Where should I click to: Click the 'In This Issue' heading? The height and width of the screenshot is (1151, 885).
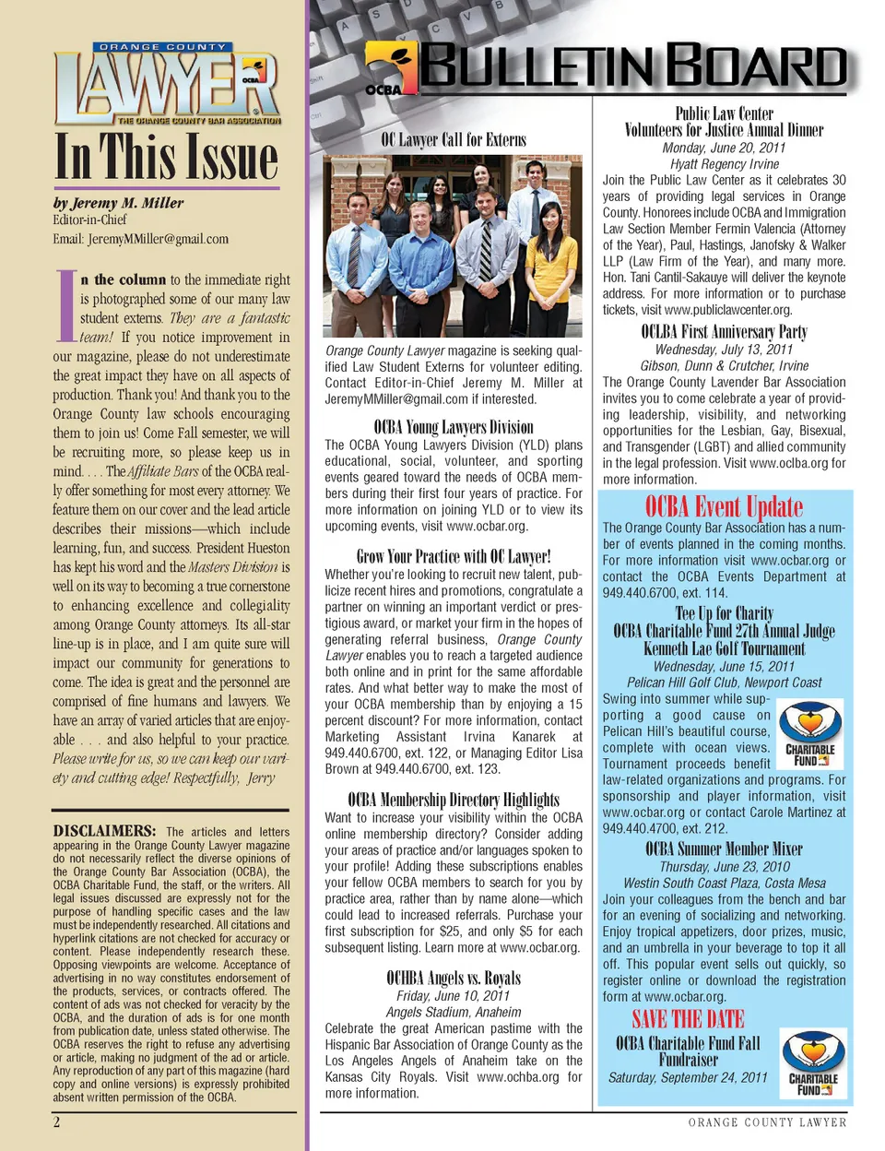167,157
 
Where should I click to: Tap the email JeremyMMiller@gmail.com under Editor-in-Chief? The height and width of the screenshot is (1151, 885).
140,239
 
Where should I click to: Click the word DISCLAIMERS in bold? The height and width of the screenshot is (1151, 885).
104,831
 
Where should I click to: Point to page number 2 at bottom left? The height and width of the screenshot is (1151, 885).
57,1121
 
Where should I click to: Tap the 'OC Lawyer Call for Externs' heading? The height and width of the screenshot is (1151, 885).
454,140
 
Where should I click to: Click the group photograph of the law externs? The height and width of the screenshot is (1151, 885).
454,244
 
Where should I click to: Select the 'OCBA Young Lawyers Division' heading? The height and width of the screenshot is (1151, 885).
454,427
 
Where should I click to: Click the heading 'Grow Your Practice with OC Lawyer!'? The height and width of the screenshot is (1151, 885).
454,556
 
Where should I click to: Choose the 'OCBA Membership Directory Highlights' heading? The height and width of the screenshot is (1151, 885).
454,800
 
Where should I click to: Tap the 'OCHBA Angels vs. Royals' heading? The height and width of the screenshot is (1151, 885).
454,979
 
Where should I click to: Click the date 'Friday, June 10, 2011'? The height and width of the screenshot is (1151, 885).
454,996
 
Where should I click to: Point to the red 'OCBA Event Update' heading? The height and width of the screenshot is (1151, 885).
724,506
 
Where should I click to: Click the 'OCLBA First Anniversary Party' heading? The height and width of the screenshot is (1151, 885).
724,332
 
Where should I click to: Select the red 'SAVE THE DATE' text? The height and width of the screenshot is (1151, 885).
688,1019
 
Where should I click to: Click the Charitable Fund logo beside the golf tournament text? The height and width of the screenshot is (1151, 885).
810,733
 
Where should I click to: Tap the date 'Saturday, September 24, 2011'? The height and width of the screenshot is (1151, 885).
688,1077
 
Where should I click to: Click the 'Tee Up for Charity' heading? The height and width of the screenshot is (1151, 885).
724,613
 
